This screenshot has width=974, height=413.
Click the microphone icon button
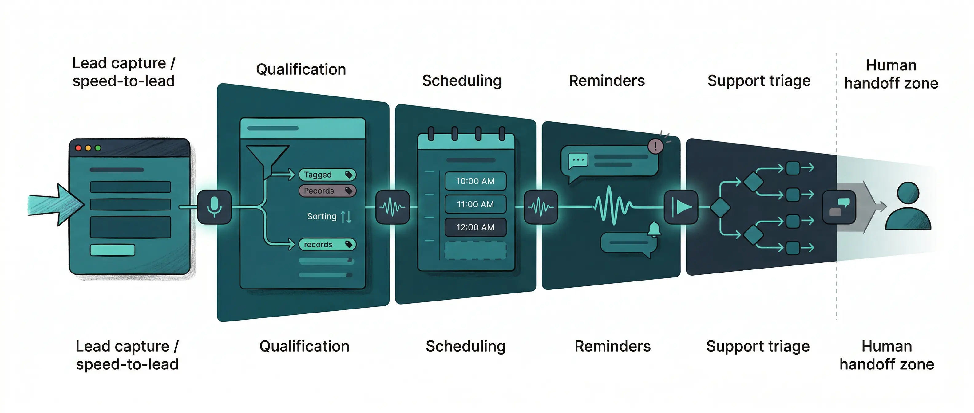click(214, 207)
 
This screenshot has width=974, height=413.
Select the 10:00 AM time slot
click(475, 181)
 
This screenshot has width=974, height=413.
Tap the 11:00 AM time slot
click(475, 204)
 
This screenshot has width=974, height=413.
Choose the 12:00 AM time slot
click(475, 227)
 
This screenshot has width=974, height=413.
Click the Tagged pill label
click(327, 175)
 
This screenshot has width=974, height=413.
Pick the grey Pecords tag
click(327, 191)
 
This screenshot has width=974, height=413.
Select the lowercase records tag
click(327, 245)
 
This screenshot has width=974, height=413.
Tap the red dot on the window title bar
click(79, 148)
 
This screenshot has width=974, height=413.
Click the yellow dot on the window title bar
click(88, 148)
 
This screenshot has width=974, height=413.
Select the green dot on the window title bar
click(98, 148)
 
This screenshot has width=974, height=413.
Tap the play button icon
click(681, 207)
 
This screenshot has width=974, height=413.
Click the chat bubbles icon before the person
click(839, 207)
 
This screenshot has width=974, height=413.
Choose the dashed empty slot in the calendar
click(475, 250)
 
